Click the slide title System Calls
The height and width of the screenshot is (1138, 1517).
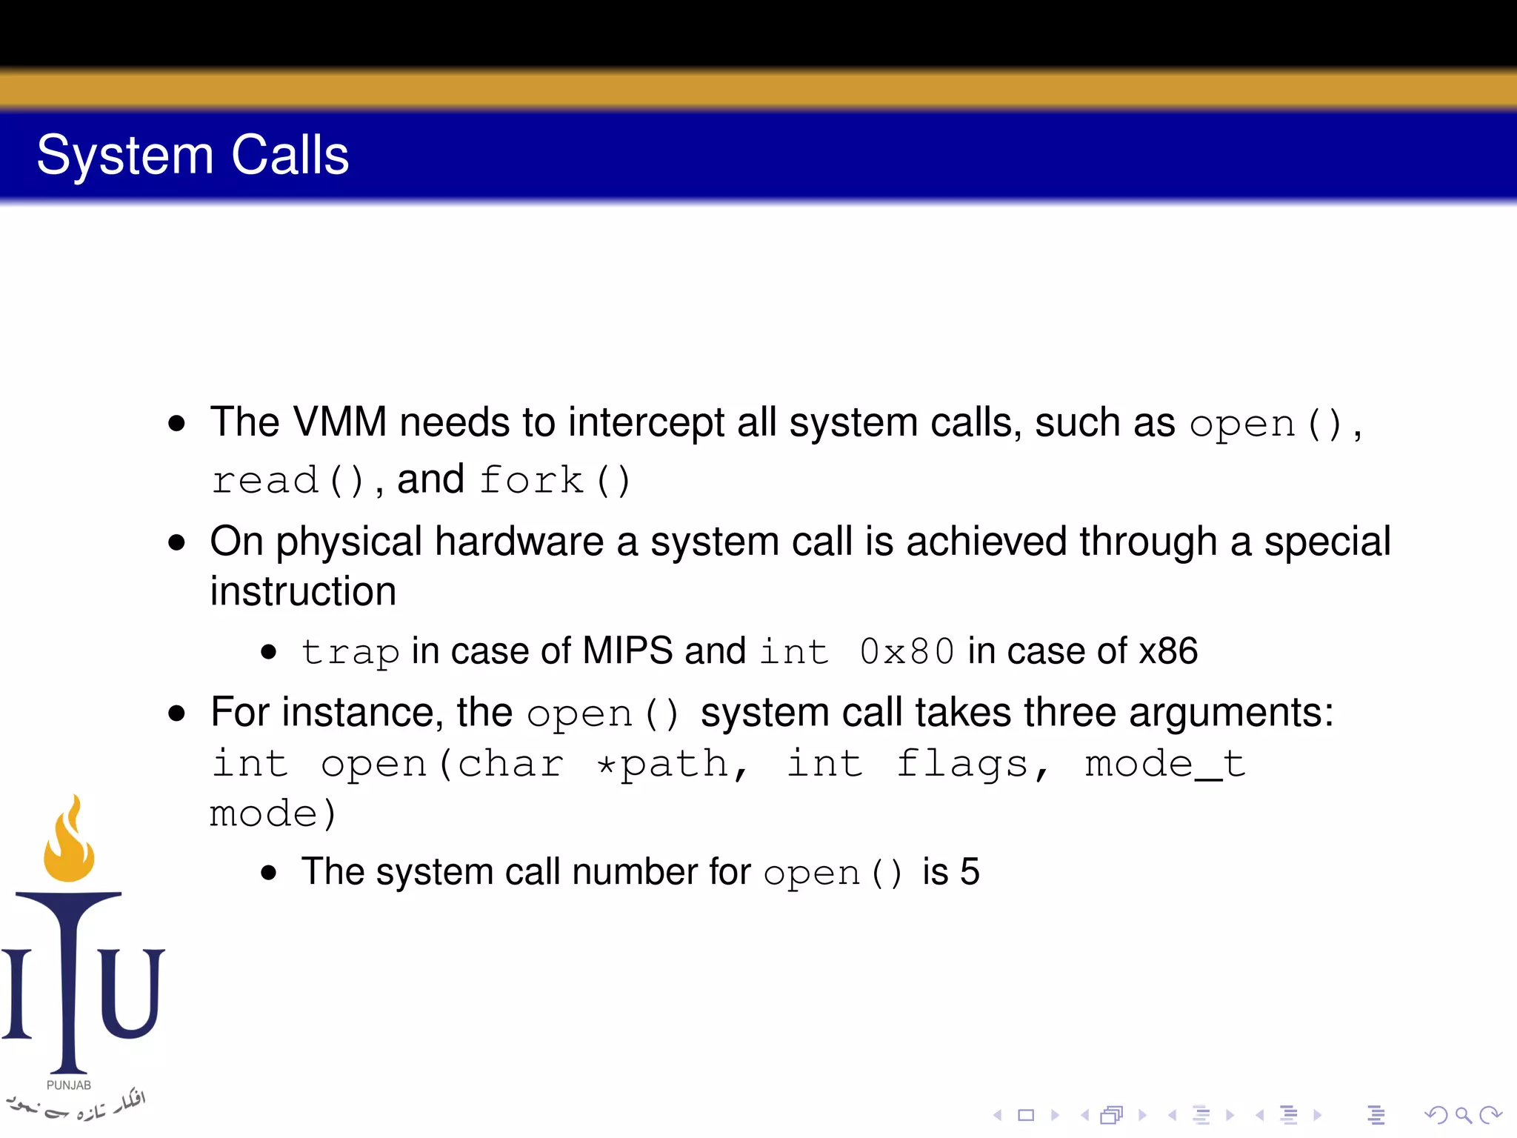[x=193, y=155]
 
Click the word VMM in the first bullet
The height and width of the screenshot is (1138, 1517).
[x=340, y=422]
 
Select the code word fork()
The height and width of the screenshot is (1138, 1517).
[x=555, y=480]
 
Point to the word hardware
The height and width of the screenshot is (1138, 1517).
[x=519, y=542]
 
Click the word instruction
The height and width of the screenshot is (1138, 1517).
[x=303, y=591]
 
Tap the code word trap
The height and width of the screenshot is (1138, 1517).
[x=350, y=652]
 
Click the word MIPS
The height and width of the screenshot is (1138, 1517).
[x=627, y=650]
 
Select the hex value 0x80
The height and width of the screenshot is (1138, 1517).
[x=907, y=652]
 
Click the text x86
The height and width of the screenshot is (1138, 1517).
[x=1168, y=650]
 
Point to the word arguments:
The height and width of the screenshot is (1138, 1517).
[x=1231, y=713]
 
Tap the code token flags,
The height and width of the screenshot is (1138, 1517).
[x=973, y=764]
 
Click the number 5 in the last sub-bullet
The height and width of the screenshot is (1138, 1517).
[x=970, y=871]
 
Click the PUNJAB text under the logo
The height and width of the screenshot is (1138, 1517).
[x=69, y=1085]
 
